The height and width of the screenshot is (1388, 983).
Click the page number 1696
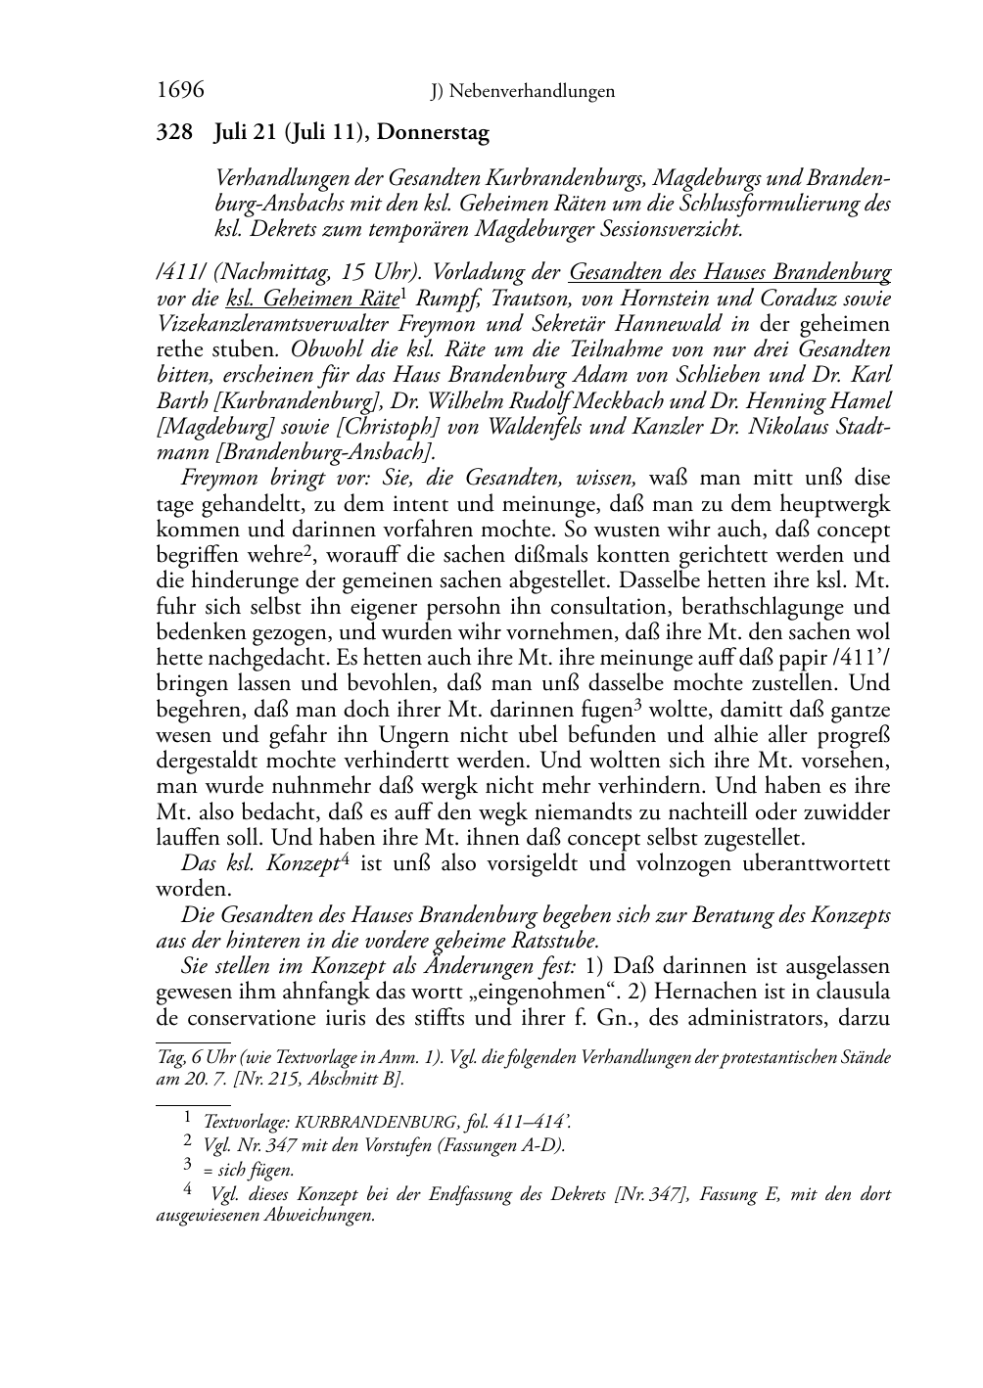(180, 91)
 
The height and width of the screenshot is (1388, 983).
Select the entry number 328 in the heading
(174, 133)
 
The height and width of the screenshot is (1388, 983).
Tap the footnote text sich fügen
(257, 1169)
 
